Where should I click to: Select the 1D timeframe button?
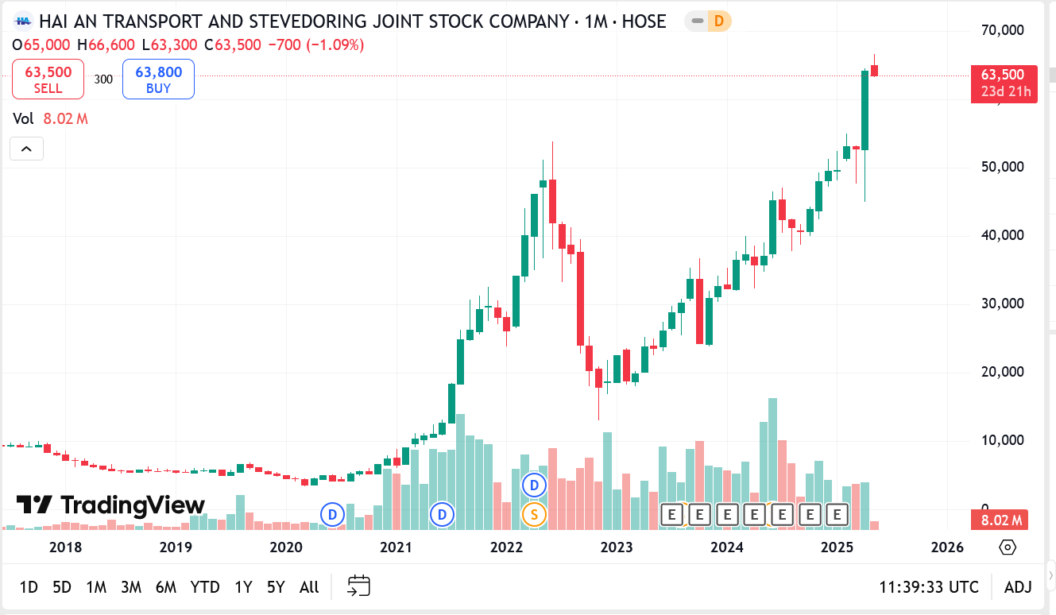coord(29,587)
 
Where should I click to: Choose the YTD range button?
coord(205,587)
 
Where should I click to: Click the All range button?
coord(309,587)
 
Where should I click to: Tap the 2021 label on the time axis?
coord(396,547)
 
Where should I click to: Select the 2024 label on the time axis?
coord(726,547)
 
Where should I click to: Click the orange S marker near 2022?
coord(534,515)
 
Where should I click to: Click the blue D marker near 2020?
coord(332,515)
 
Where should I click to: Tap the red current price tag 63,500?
coord(1004,75)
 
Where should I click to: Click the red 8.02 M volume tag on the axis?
coord(1000,520)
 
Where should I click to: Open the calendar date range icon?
coord(359,586)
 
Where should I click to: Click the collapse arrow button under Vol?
coord(26,149)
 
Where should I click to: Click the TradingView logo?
coord(111,505)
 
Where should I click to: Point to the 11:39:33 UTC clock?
coord(929,587)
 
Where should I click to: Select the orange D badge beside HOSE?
coord(718,21)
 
